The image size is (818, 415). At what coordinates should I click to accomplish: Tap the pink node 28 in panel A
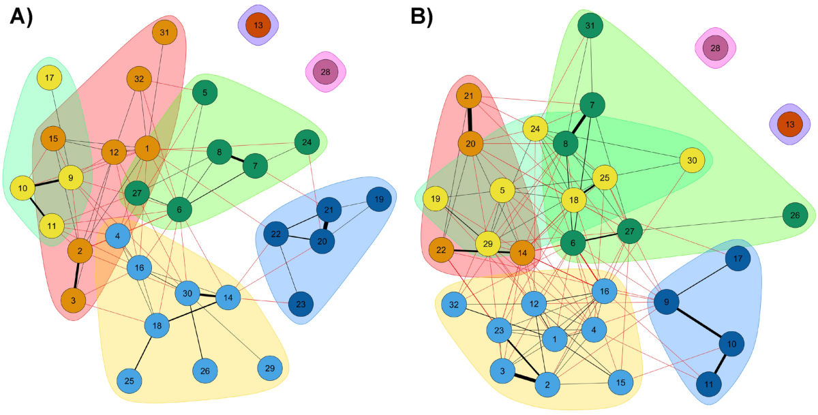pos(325,72)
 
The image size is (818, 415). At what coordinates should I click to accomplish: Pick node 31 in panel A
pos(164,32)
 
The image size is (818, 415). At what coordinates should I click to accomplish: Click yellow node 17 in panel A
pos(49,78)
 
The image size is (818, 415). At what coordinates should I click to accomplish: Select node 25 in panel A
pos(129,379)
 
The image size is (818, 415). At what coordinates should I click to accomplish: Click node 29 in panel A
pos(270,368)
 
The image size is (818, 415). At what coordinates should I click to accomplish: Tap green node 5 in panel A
pos(204,92)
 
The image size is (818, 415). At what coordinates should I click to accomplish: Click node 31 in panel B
pos(590,26)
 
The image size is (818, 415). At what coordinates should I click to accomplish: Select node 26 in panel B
pos(794,215)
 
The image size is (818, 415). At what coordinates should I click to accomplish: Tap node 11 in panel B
pos(708,384)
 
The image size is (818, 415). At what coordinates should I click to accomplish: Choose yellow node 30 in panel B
pos(692,160)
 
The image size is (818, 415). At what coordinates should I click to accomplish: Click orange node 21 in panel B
pos(469,97)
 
